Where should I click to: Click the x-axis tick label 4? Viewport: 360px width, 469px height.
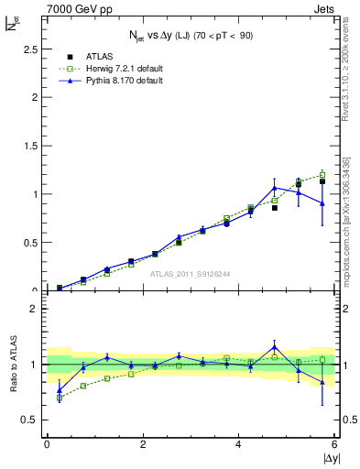point(239,444)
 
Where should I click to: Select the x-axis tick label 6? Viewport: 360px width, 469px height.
point(335,444)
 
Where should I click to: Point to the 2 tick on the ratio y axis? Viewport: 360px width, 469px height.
point(37,309)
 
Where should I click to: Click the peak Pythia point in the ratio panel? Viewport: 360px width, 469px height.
point(274,346)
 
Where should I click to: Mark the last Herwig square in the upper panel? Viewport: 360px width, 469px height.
point(322,174)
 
